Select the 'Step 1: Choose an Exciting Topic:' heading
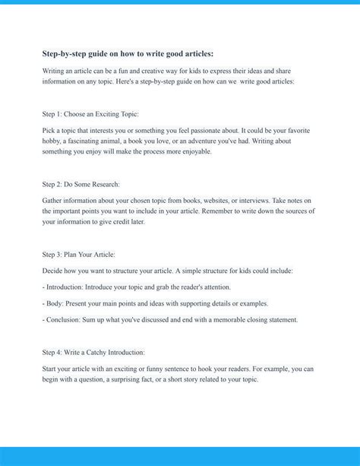pyautogui.click(x=90, y=114)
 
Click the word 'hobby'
pyautogui.click(x=52, y=141)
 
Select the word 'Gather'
pyautogui.click(x=54, y=201)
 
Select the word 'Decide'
pyautogui.click(x=54, y=271)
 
